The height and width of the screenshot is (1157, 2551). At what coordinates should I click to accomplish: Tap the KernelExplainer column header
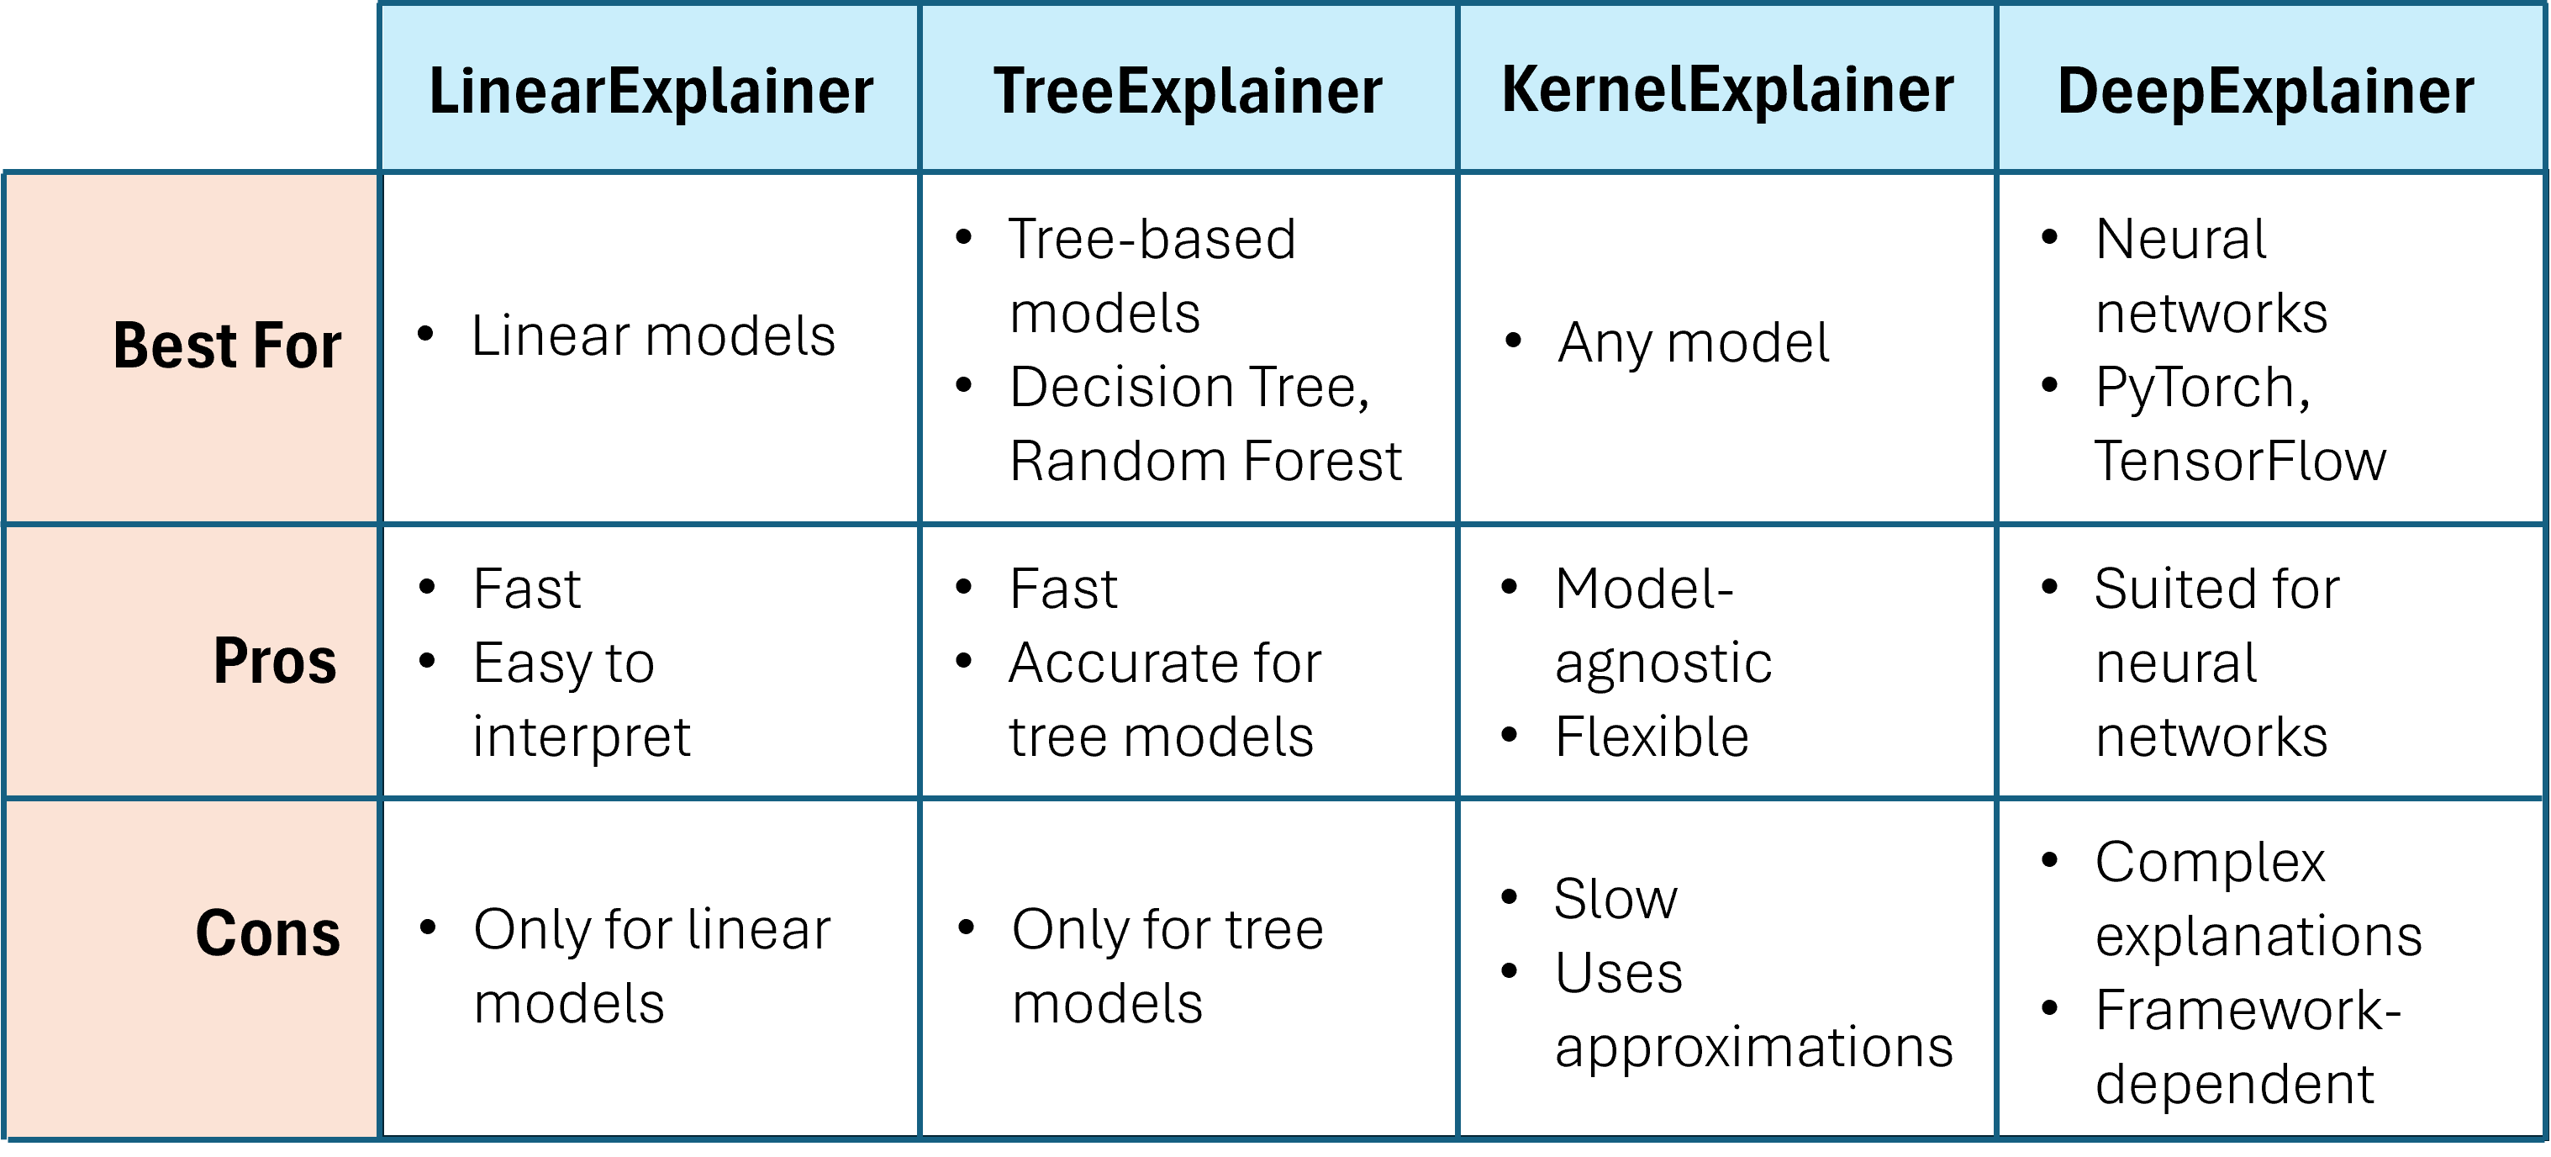tap(1727, 91)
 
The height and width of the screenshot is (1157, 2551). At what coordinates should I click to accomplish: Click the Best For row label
tap(227, 346)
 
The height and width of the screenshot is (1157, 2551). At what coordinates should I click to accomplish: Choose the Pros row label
tap(276, 661)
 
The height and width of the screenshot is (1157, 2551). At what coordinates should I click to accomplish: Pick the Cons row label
tap(267, 933)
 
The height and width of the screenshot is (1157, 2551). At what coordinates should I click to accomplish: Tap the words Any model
tap(1694, 344)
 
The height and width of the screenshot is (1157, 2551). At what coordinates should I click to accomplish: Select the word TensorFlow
tap(2240, 461)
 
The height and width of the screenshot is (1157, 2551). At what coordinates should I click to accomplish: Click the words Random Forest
tap(1205, 461)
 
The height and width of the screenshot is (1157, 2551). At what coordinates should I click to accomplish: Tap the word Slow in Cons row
tap(1615, 899)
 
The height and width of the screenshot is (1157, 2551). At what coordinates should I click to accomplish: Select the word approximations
tap(1754, 1048)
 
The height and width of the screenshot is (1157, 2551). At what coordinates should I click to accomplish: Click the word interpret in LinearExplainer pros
tap(582, 738)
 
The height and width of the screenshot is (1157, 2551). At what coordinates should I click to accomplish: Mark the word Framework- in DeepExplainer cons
tap(2248, 1011)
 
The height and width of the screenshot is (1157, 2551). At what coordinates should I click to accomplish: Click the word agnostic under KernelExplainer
tap(1663, 664)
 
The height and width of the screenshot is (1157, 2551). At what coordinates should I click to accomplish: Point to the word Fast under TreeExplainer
tap(1063, 589)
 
